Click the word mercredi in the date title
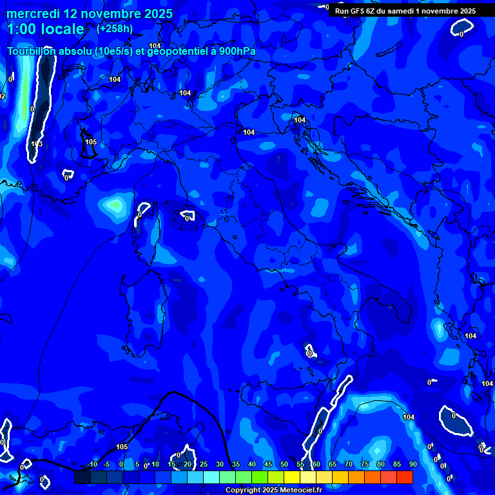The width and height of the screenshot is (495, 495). pos(32,14)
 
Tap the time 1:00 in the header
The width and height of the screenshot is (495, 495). pos(21,29)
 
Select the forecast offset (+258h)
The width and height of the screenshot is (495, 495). pos(115,28)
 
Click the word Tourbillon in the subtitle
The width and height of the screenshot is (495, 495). pos(32,52)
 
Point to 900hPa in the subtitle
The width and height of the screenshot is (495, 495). pos(237,52)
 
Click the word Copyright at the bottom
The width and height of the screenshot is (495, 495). pos(244,490)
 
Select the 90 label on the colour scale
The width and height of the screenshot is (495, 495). pos(412,464)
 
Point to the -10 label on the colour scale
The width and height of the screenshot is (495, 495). pos(92,464)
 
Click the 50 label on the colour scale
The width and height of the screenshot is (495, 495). pos(284,464)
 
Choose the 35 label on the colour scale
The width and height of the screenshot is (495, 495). pos(236,464)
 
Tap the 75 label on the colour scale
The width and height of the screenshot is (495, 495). pos(365,464)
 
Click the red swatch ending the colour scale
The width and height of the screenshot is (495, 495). pos(405,477)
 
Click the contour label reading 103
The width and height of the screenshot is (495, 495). pos(37,144)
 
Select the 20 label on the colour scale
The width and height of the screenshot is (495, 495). pos(188,464)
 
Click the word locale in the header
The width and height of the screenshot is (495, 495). pos(62,29)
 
